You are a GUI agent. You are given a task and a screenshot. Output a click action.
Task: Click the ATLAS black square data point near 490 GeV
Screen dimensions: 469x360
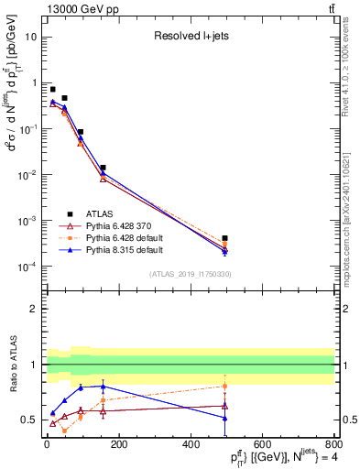pyautogui.click(x=224, y=238)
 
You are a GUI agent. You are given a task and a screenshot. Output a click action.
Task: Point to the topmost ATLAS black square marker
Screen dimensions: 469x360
pyautogui.click(x=52, y=89)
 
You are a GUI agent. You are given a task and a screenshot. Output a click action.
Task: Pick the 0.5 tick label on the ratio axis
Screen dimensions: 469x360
pyautogui.click(x=29, y=420)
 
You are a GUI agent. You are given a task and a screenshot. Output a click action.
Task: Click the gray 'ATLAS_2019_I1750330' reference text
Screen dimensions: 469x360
pyautogui.click(x=190, y=274)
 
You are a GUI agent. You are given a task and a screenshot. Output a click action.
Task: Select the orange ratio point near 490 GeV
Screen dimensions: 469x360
pyautogui.click(x=224, y=386)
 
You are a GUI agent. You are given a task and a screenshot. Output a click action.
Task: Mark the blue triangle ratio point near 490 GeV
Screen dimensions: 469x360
pyautogui.click(x=224, y=418)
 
